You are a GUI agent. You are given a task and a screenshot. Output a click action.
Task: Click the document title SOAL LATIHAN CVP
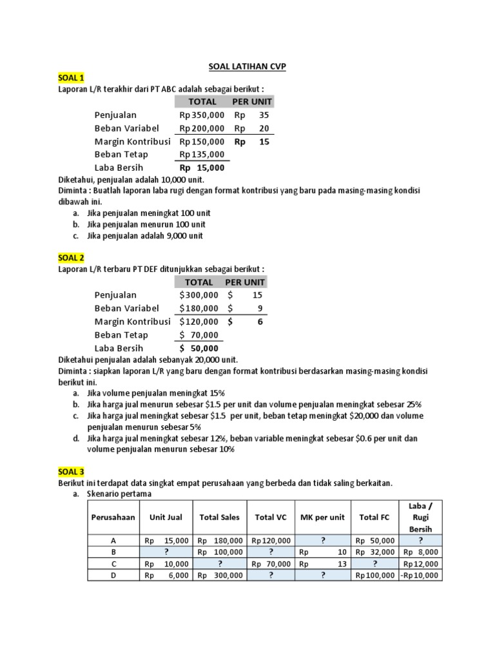(247, 66)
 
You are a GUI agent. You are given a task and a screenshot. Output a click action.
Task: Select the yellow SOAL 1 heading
(72, 78)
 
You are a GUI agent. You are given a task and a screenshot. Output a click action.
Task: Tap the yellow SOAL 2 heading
(72, 258)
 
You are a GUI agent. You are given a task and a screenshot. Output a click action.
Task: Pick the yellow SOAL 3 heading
(72, 472)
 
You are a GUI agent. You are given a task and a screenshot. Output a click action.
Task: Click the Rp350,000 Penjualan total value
(202, 115)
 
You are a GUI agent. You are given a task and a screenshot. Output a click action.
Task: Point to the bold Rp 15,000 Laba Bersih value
(202, 168)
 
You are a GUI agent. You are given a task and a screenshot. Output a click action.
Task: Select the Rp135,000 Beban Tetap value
(202, 155)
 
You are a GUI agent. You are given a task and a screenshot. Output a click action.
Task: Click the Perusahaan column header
(113, 517)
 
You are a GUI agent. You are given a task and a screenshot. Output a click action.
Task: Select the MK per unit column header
(322, 517)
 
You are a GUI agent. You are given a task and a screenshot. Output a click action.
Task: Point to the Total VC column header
(271, 517)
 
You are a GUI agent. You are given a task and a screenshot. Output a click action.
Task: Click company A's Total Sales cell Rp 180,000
(220, 541)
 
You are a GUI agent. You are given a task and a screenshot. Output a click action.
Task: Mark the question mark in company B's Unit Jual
(166, 552)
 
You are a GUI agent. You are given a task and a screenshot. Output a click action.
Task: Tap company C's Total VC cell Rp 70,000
(271, 564)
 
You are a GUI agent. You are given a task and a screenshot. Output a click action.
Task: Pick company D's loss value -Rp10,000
(422, 576)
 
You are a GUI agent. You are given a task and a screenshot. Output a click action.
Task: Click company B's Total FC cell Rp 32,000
(374, 552)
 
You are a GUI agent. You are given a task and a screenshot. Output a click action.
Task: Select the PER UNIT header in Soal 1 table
(253, 102)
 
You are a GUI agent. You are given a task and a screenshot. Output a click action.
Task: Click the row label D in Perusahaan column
(113, 576)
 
